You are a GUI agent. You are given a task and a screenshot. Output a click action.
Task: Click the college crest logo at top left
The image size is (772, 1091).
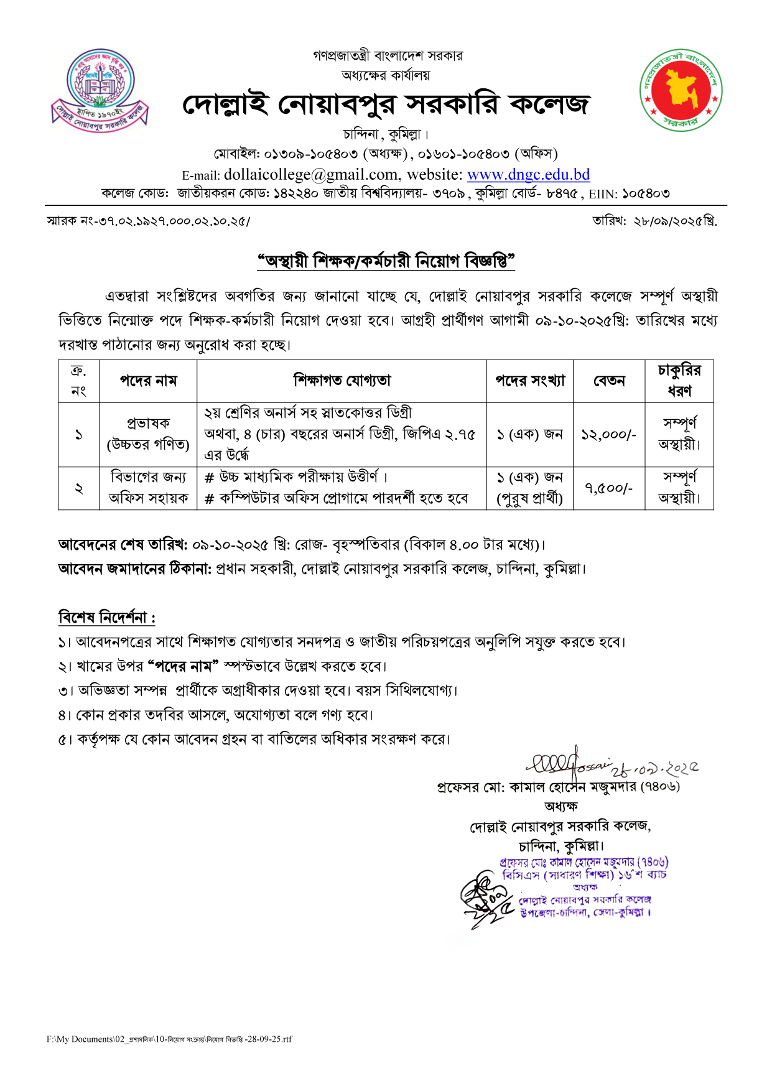pos(100,89)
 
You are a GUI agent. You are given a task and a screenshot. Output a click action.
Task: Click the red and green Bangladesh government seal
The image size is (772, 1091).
pos(681,90)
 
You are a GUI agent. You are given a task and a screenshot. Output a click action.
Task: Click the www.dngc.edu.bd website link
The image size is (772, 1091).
pos(528,175)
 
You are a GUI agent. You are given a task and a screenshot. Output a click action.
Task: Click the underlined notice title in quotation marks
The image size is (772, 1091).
pos(386,261)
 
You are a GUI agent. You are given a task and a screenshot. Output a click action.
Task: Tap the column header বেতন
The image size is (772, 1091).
pos(609,381)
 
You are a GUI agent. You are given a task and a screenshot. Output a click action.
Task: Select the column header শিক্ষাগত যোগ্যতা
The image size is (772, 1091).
pos(342,381)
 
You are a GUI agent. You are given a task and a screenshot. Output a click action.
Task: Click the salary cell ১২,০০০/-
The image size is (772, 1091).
pos(609,435)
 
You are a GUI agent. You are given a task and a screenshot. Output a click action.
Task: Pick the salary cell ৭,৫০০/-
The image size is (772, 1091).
pos(609,488)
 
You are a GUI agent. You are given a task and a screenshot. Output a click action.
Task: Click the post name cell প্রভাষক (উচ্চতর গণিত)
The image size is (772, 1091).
pos(148,434)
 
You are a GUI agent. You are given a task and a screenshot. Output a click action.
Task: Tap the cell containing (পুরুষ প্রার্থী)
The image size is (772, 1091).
pos(529,499)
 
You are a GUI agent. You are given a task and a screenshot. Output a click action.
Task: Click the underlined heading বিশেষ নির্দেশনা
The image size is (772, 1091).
pos(106,618)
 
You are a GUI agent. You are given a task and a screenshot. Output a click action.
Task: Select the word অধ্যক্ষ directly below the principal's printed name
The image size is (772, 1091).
pos(560,807)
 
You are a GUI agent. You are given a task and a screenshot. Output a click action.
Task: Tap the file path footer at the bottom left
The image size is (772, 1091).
pos(169,1039)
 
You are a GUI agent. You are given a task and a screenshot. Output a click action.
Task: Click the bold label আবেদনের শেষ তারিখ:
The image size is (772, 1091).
pos(123,545)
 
